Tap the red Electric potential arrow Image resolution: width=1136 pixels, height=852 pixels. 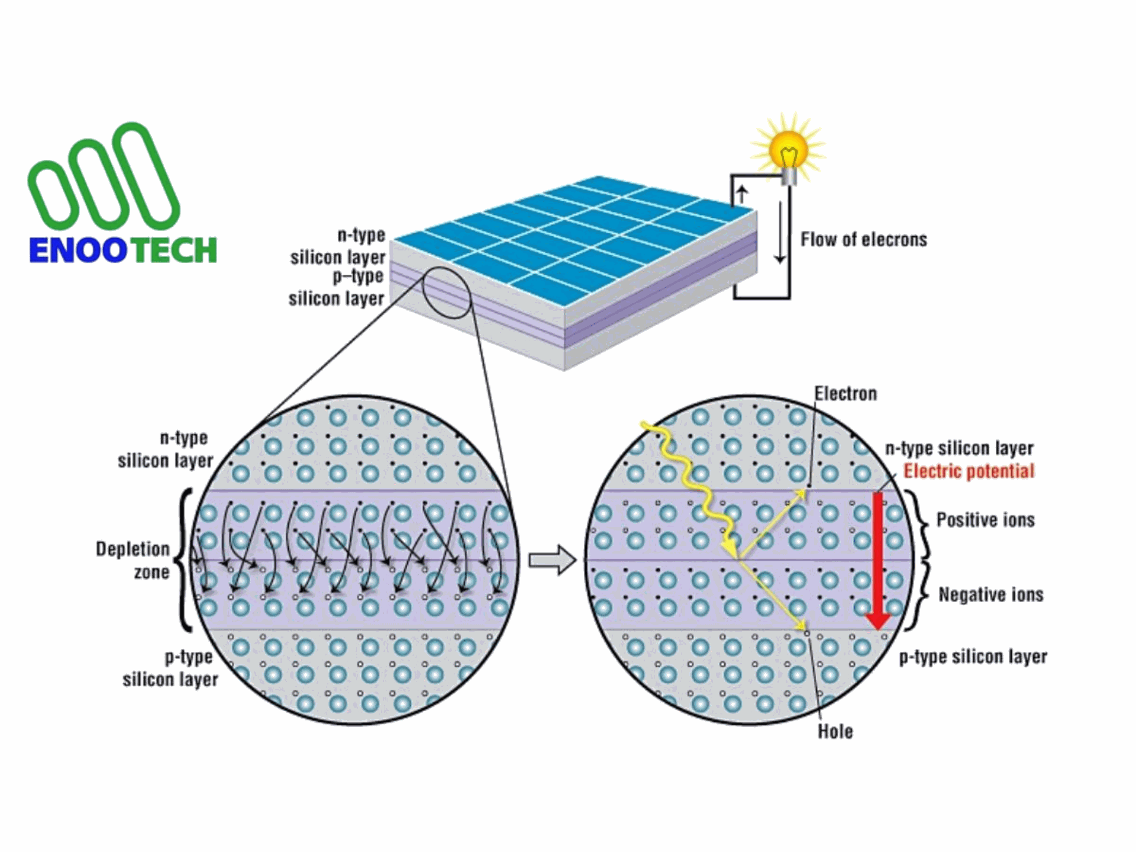878,560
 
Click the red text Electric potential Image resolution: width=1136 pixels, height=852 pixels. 969,471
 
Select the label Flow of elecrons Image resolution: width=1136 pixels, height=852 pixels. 864,240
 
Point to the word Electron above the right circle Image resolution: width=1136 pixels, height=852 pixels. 845,394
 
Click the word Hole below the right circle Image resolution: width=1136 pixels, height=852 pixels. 835,731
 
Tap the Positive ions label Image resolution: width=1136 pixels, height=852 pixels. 986,520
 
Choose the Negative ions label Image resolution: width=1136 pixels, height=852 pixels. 991,594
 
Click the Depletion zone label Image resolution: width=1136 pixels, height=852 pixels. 133,560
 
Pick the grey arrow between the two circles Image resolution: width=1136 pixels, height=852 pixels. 552,560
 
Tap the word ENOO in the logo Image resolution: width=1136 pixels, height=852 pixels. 78,250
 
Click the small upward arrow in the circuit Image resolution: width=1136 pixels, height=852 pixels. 742,194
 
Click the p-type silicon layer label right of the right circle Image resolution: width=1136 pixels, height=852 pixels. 973,657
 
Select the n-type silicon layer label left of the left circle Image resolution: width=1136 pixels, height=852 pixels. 165,449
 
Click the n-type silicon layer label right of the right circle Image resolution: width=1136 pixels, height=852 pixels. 959,448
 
